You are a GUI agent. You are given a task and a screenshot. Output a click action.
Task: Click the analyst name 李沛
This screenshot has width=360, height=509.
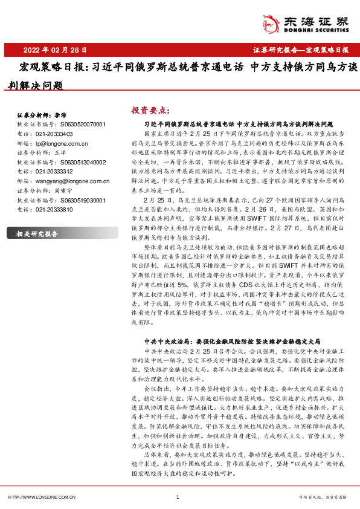(x=60, y=115)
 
